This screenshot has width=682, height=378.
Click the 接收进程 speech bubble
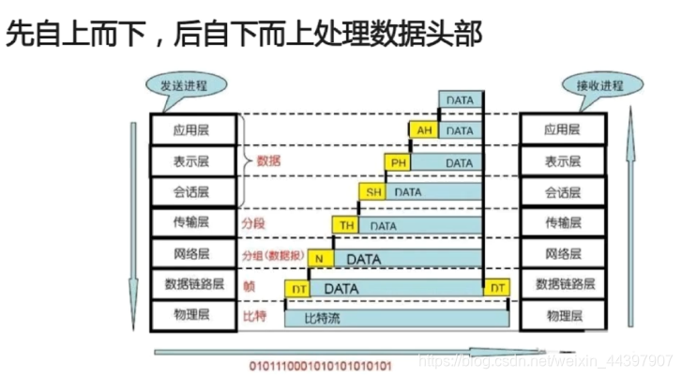coord(599,85)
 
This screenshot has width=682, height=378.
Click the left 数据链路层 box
coord(194,284)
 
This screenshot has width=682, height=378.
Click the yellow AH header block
coord(422,131)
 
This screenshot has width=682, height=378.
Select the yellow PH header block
coord(399,162)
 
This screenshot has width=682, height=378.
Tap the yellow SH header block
coord(374,193)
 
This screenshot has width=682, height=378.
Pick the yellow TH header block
coord(347,225)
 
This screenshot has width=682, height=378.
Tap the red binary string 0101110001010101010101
coord(321,363)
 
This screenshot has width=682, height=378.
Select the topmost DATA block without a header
coord(461,100)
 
